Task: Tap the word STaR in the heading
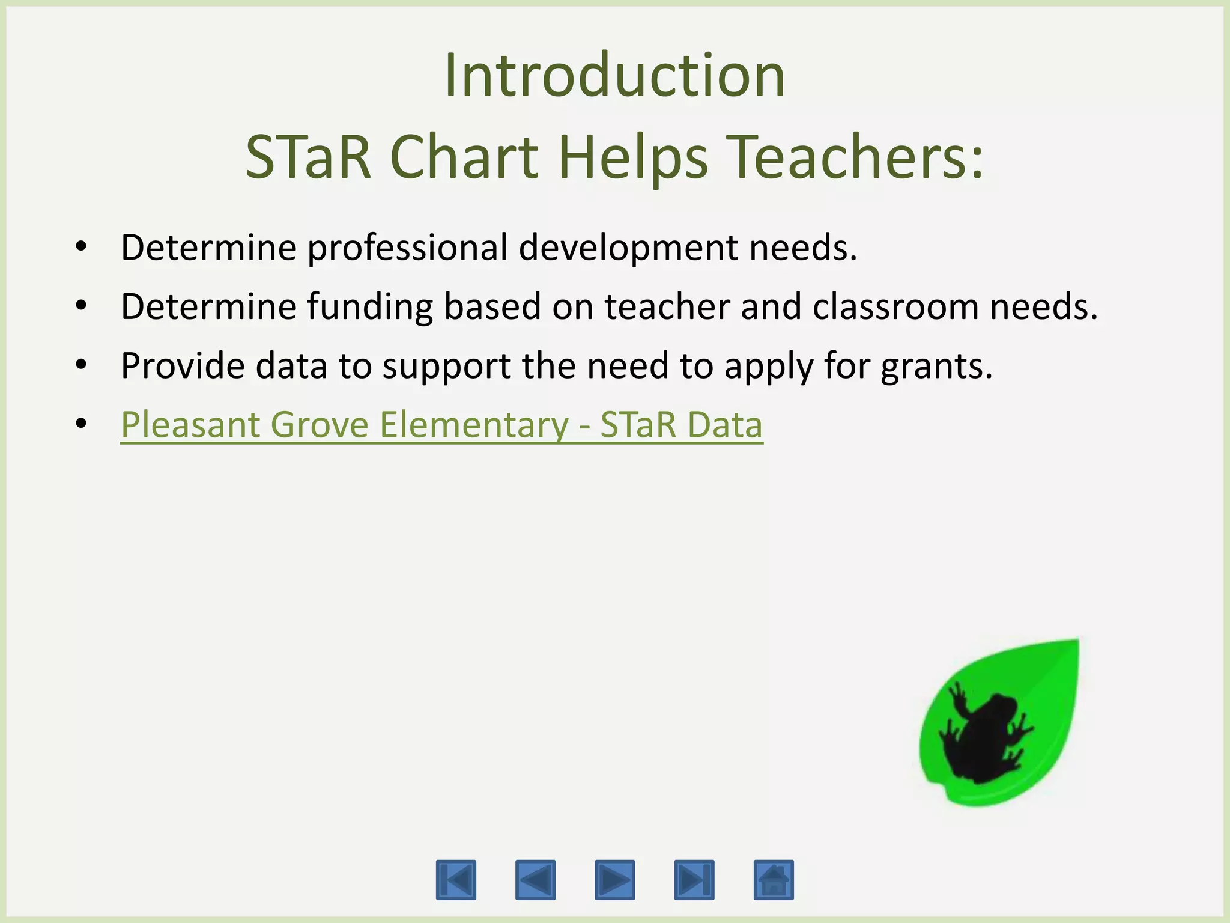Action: (309, 157)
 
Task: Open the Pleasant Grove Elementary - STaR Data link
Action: (441, 425)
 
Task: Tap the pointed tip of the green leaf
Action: (1076, 642)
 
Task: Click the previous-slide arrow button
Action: (535, 880)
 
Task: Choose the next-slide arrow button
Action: (614, 880)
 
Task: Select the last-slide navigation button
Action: (694, 880)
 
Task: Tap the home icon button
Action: (774, 880)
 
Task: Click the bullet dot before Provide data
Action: (81, 365)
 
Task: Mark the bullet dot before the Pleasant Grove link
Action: (81, 424)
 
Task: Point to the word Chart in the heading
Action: (464, 157)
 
